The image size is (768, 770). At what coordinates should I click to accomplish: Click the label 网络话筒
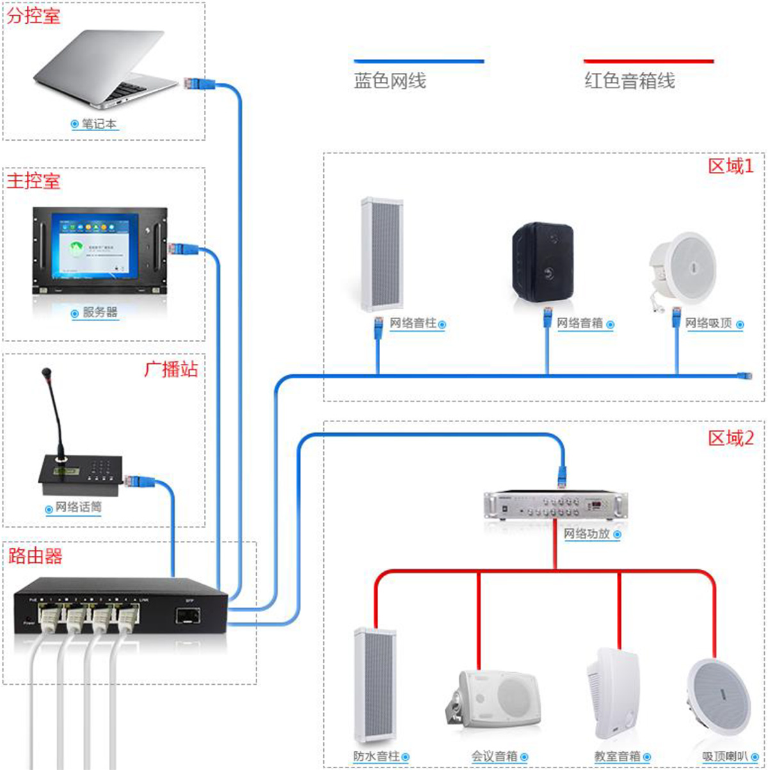click(79, 507)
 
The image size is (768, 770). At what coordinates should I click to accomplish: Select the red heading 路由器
click(35, 556)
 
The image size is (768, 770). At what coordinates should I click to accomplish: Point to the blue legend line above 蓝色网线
click(419, 61)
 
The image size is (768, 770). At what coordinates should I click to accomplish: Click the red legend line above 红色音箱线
click(648, 61)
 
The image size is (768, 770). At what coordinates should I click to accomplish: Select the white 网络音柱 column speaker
click(381, 255)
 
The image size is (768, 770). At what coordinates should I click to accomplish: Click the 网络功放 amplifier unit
click(555, 505)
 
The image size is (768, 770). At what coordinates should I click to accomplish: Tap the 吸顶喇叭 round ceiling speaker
click(719, 693)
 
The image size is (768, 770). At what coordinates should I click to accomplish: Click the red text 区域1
click(731, 166)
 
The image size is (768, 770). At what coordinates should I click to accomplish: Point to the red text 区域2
click(731, 438)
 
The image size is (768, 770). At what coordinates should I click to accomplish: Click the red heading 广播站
click(171, 370)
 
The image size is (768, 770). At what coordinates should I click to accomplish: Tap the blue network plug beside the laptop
click(193, 83)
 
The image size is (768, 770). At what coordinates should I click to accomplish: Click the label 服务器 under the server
click(100, 313)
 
